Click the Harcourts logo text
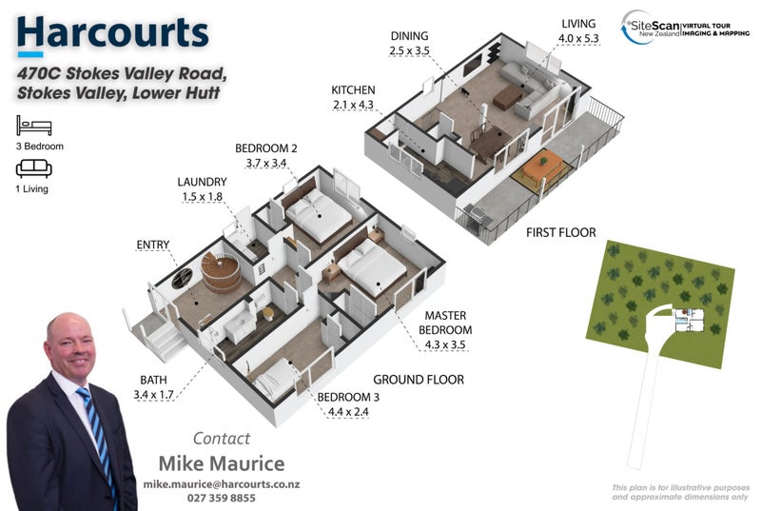pyautogui.click(x=112, y=32)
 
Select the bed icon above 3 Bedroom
pyautogui.click(x=33, y=126)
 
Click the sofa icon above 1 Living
pyautogui.click(x=33, y=169)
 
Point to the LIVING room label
pyautogui.click(x=578, y=24)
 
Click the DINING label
pyautogui.click(x=410, y=36)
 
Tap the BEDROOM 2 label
pyautogui.click(x=266, y=148)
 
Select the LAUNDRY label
pyautogui.click(x=202, y=182)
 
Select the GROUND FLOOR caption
pyautogui.click(x=419, y=380)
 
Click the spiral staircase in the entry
pyautogui.click(x=220, y=274)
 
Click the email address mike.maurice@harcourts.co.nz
pyautogui.click(x=222, y=484)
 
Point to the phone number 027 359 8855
pyautogui.click(x=221, y=498)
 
